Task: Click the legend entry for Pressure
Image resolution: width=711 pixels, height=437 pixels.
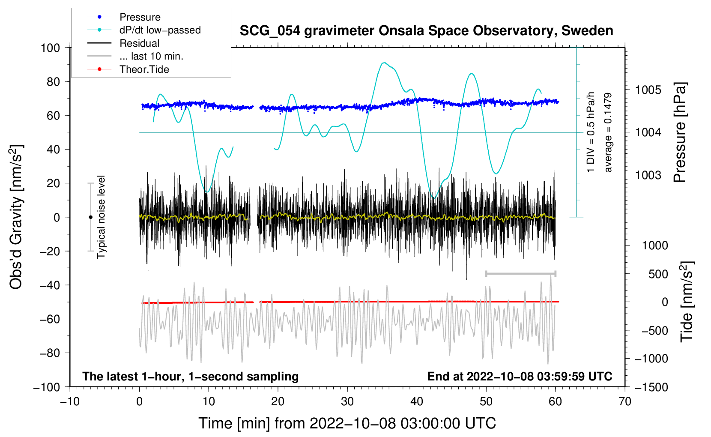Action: tap(140, 17)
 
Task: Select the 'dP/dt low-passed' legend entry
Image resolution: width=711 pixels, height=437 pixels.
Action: tap(160, 30)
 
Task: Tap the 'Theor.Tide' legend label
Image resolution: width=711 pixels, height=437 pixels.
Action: tap(144, 69)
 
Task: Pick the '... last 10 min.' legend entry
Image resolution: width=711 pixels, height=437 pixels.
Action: tap(151, 56)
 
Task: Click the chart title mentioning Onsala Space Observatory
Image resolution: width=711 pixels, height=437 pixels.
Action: tap(426, 31)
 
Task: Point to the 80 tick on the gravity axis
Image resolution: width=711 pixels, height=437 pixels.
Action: tap(53, 81)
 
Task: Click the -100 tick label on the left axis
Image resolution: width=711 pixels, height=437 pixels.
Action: tap(47, 387)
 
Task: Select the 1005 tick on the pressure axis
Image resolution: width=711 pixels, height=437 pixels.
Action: tap(648, 90)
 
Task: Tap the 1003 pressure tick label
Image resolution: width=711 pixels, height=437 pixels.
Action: tap(648, 175)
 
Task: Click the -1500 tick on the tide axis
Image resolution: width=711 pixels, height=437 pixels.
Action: tap(651, 387)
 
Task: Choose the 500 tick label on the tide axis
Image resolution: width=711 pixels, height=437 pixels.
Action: tap(658, 274)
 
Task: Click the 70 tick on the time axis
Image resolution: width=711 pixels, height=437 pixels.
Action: tap(625, 401)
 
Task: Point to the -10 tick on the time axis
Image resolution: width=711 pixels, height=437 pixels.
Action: tap(70, 401)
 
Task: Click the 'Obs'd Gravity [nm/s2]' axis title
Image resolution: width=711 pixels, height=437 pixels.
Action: tap(16, 217)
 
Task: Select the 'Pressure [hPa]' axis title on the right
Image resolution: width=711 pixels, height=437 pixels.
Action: tap(680, 132)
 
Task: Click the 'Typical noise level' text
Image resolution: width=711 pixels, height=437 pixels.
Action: tap(101, 217)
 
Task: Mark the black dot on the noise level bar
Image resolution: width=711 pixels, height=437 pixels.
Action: tap(90, 217)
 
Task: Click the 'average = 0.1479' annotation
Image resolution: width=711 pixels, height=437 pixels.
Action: tap(608, 132)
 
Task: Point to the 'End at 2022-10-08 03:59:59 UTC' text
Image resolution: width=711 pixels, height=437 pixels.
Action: tap(520, 376)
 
